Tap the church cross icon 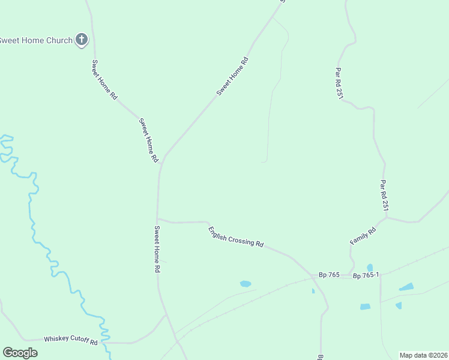pos(82,40)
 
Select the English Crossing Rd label pos(236,236)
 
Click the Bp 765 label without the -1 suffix pos(330,275)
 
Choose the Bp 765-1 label pos(366,275)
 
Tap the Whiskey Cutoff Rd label pos(71,340)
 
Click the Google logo pos(20,353)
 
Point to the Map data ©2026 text pos(423,355)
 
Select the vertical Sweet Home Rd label pos(157,249)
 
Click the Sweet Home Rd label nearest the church pos(104,79)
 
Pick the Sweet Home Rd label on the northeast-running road pos(232,76)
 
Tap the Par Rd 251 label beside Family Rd pos(385,195)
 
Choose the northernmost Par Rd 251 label pos(339,83)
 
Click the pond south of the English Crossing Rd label pos(245,284)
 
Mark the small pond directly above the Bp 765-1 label pos(370,267)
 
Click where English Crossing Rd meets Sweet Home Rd pos(157,219)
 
